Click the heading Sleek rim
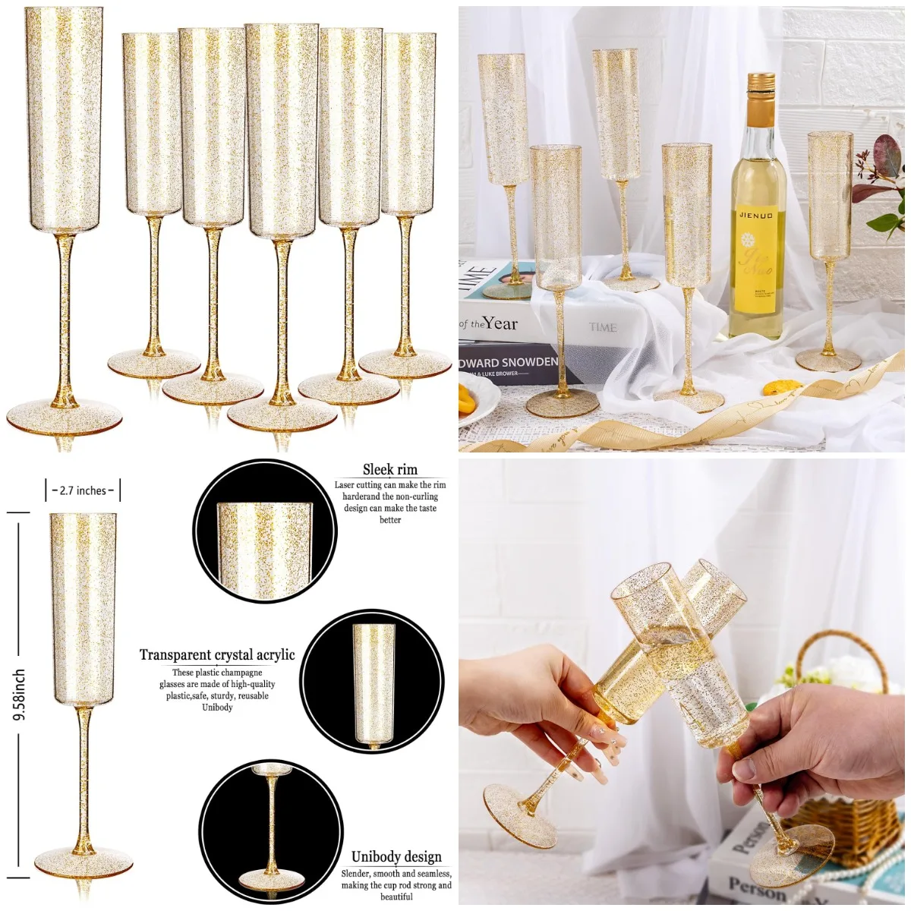pos(389,470)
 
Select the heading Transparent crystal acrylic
pos(217,655)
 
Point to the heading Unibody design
pos(396,857)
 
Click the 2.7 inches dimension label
pos(83,490)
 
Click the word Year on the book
pos(500,323)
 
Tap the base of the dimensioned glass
pos(84,862)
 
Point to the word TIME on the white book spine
pos(603,327)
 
